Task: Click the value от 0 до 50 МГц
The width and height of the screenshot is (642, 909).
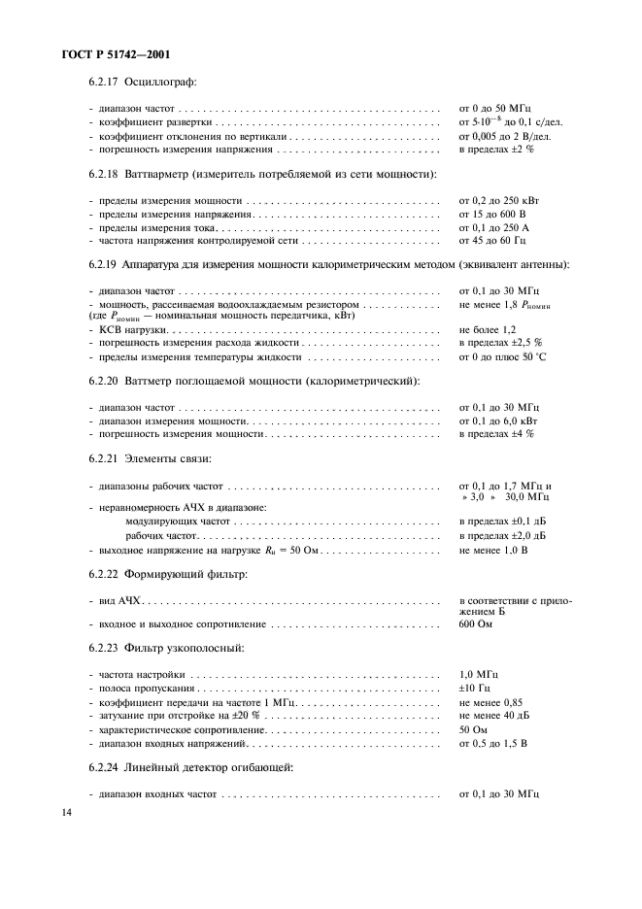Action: [x=494, y=109]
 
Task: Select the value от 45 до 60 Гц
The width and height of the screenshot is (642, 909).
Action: [x=491, y=240]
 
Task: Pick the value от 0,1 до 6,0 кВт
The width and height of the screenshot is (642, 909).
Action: [x=497, y=421]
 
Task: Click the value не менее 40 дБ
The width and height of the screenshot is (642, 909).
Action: [x=493, y=715]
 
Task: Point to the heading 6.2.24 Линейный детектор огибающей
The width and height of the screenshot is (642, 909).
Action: [x=190, y=767]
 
